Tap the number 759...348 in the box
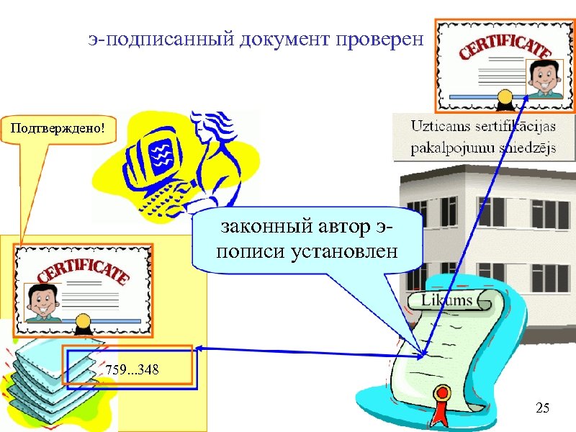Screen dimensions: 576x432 click(132, 370)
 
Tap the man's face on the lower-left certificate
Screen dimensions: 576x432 click(42, 300)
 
